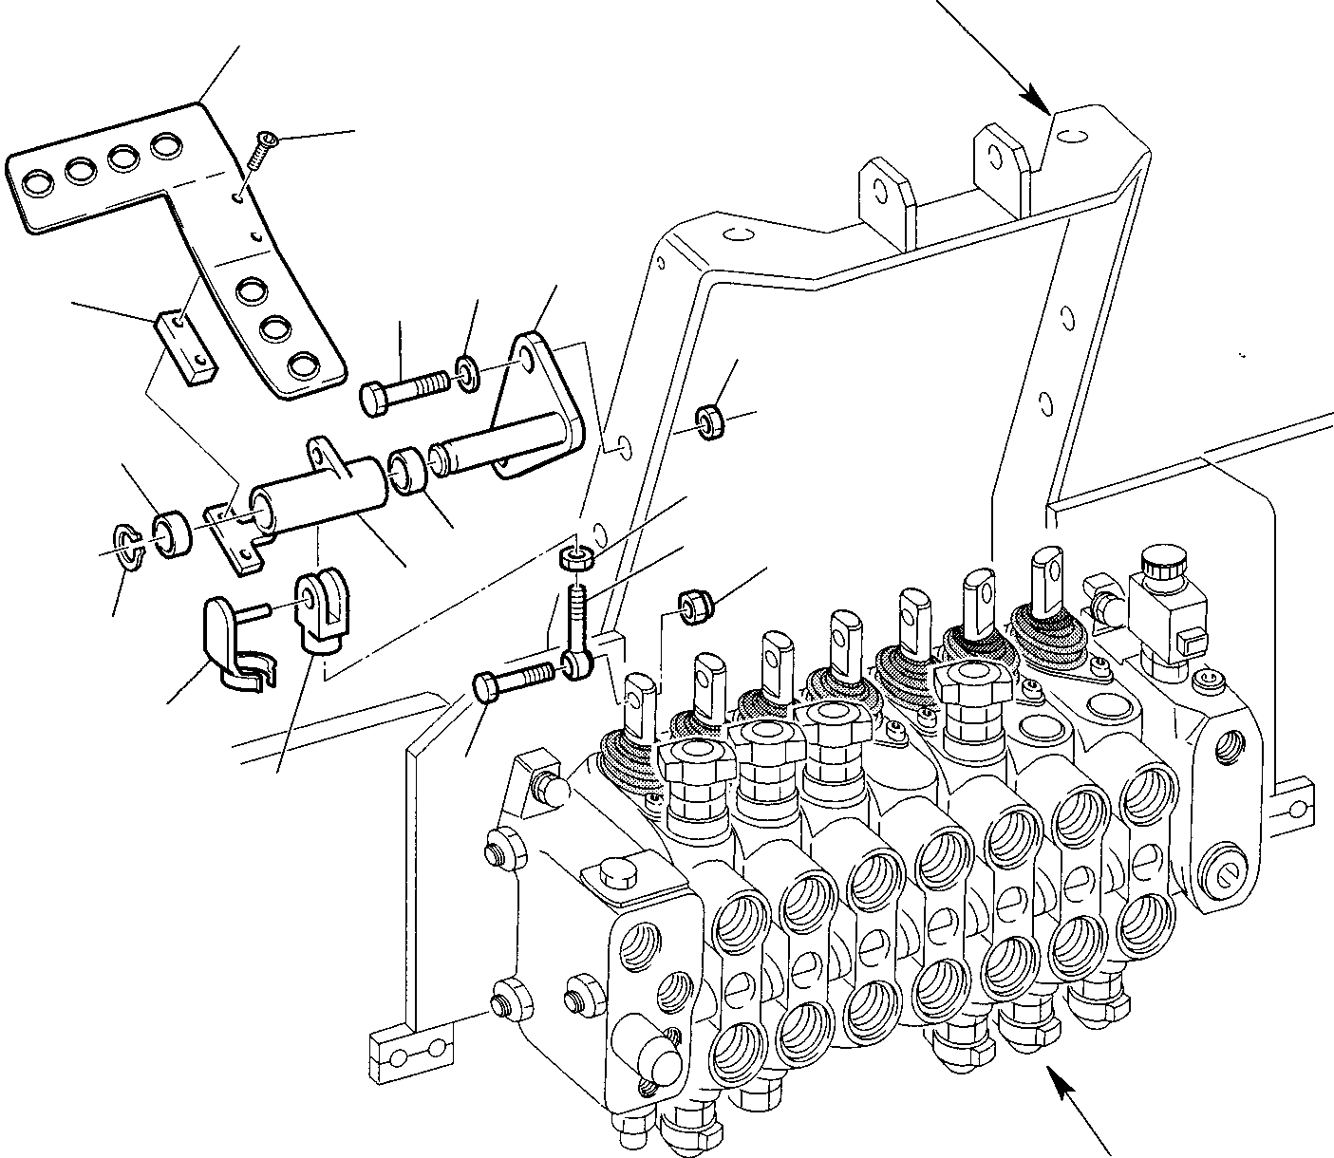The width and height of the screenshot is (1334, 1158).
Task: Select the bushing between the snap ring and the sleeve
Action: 174,534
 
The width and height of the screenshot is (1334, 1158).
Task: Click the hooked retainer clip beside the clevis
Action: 233,641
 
